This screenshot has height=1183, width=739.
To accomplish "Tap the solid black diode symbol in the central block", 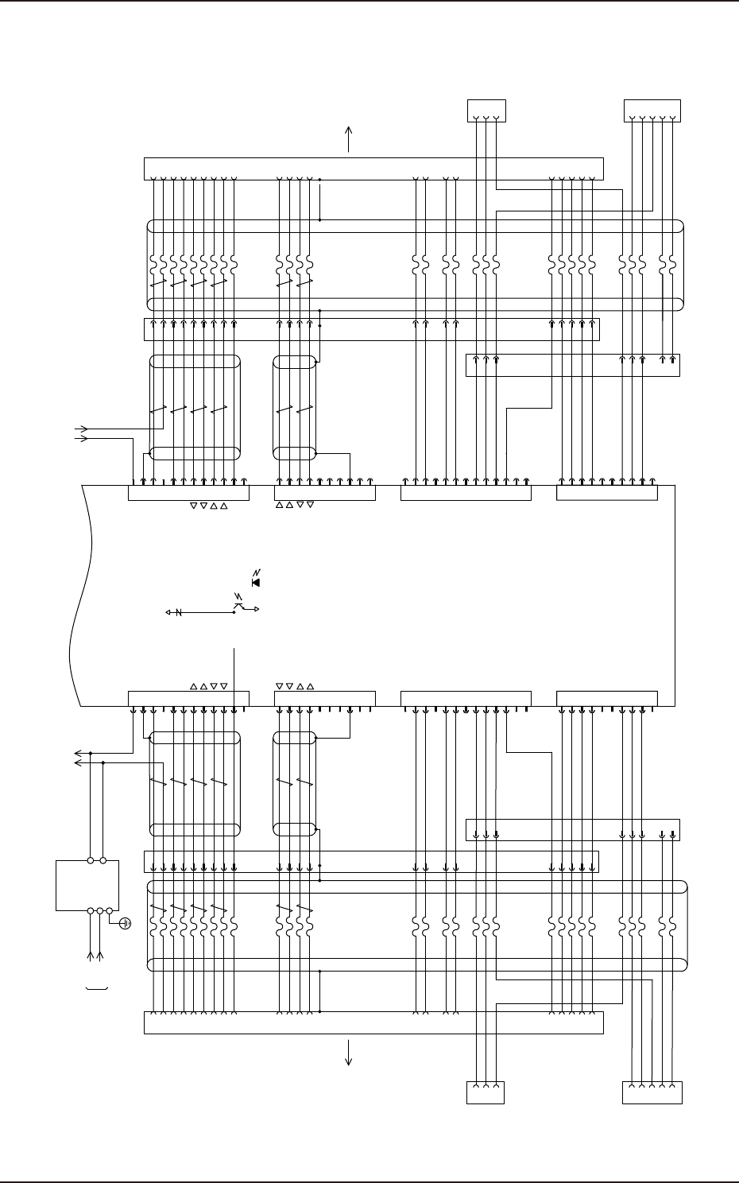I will tap(255, 582).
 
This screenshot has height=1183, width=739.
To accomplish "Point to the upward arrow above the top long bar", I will tap(349, 138).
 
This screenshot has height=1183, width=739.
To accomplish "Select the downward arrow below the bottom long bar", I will tap(349, 1054).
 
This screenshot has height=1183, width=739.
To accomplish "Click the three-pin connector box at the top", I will tap(486, 111).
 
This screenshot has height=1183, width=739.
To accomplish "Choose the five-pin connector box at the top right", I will tap(652, 111).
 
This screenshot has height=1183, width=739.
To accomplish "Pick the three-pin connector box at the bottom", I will tap(486, 1092).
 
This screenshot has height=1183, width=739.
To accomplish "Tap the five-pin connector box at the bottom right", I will tap(652, 1092).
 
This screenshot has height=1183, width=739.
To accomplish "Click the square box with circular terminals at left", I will tap(87, 885).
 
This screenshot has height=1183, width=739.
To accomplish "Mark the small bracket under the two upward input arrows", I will tap(96, 988).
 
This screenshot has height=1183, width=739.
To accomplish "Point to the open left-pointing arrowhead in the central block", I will tap(168, 612).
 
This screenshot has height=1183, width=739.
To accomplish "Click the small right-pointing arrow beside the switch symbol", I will tap(254, 610).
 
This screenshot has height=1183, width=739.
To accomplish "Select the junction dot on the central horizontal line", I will tap(234, 612).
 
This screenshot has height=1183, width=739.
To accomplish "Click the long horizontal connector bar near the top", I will tap(373, 169).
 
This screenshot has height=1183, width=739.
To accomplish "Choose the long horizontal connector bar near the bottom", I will tap(373, 1023).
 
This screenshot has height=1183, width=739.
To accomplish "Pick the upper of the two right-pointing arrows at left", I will tap(80, 429).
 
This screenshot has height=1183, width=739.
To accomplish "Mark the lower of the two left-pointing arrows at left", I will tap(77, 762).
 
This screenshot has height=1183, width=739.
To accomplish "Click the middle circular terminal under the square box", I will tap(99, 910).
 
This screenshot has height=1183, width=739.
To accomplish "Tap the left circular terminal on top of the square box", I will tap(91, 860).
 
